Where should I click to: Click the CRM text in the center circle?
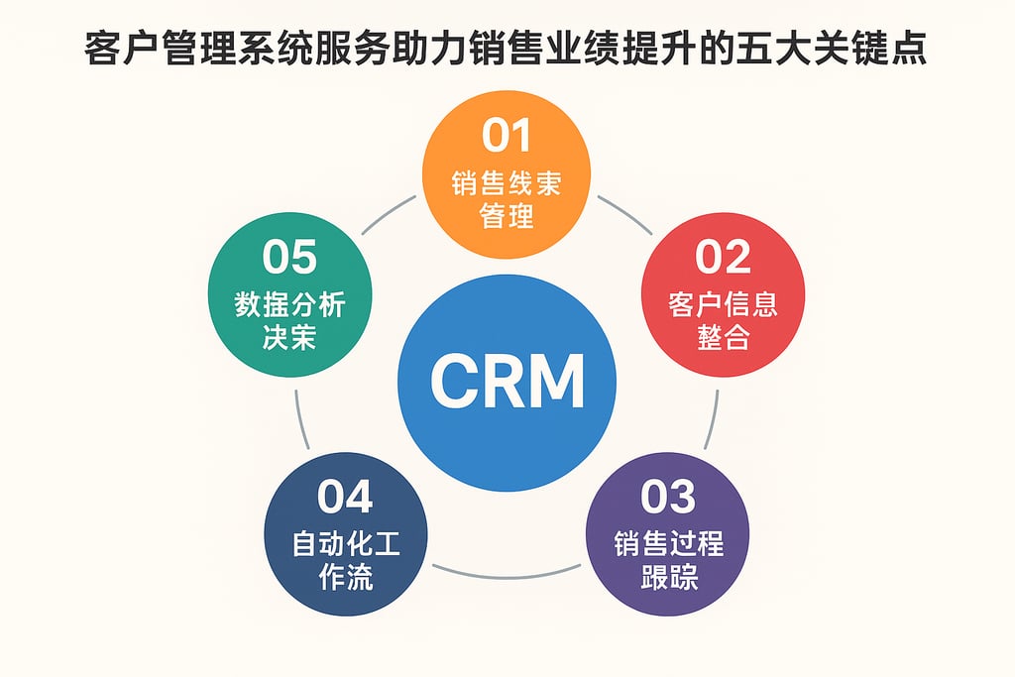coord(507,381)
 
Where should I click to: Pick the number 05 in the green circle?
coord(289,257)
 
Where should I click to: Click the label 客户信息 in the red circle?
coord(723,304)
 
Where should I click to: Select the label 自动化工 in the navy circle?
coord(346,543)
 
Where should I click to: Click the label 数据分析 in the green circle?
coord(289,304)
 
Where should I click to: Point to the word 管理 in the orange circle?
coord(507,215)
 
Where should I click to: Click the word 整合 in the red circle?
coord(723,338)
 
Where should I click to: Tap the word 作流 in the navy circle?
coord(346,577)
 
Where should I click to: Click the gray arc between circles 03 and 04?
coord(507,573)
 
